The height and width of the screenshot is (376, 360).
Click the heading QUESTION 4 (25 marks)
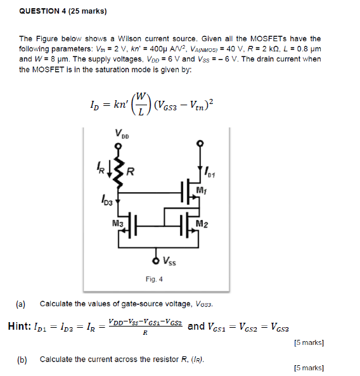click(x=63, y=11)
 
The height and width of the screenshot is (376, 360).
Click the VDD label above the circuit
click(x=121, y=134)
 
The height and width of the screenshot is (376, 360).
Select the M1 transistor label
click(x=202, y=190)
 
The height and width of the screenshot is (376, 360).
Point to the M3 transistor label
click(x=117, y=223)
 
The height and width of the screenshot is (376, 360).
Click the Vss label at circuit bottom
click(x=170, y=259)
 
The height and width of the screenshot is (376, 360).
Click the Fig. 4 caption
click(x=154, y=279)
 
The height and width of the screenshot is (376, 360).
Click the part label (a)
click(x=21, y=304)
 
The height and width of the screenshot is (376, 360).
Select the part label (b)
click(x=22, y=360)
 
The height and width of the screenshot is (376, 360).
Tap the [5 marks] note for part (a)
click(x=309, y=343)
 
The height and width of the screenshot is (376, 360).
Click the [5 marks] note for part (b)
click(x=309, y=368)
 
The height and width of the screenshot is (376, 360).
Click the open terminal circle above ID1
click(x=201, y=143)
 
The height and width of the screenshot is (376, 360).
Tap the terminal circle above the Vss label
click(x=156, y=260)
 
